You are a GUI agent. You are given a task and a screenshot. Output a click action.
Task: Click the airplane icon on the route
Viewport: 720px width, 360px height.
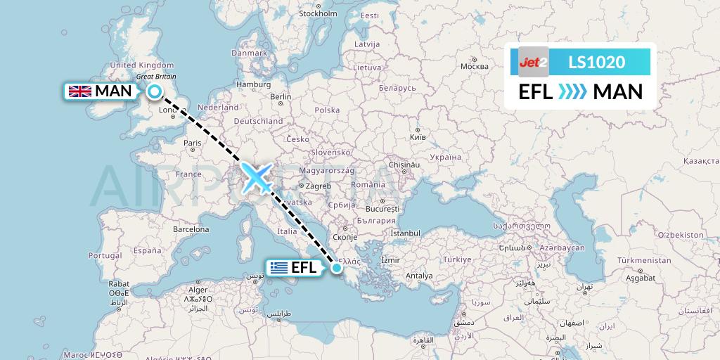257,177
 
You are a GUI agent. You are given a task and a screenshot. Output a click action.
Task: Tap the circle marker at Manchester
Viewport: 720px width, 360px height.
154,91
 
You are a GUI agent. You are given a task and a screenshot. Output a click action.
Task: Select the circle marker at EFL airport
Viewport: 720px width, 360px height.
337,267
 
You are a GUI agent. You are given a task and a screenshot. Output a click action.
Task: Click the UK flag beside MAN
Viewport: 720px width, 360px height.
79,91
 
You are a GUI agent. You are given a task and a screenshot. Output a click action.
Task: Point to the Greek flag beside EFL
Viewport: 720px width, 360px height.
279,267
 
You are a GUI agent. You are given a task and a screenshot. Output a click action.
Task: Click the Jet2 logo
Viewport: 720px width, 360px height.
533,62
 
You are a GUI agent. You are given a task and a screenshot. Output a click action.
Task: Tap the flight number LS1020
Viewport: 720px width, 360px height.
596,62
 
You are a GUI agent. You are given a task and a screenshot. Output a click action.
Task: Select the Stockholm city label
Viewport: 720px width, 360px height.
318,13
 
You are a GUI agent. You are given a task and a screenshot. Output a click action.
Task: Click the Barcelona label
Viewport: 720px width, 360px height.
191,229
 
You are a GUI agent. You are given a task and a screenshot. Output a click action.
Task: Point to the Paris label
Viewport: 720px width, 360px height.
193,143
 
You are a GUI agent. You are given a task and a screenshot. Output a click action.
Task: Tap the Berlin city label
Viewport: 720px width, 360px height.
281,97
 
